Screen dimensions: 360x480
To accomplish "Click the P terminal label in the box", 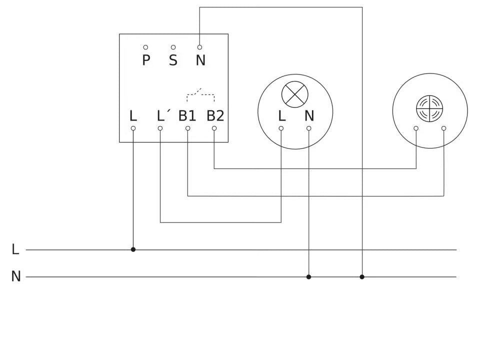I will pos(146,61).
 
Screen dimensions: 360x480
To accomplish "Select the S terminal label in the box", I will pos(173,61).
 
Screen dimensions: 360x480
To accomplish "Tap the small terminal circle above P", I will pos(145,47).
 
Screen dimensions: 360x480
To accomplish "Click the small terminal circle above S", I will pos(173,47).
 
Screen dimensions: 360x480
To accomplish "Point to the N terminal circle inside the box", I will pos(199,47).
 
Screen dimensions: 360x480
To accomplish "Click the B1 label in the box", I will pos(187,116).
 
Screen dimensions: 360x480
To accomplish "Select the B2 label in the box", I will pos(215,116).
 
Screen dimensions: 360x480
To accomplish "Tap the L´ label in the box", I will pos(162,116).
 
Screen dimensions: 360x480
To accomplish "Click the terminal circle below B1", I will pos(187,128).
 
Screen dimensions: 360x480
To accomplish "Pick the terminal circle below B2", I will pos(214,128).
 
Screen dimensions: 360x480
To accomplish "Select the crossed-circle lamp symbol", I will pos(295,94).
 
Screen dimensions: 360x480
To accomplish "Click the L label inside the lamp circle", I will pos(281,116).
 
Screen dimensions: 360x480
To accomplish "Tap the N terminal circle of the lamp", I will pos(308,128).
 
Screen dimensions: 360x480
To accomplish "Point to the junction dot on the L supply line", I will pos(133,249).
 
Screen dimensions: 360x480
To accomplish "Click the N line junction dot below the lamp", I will pos(308,276).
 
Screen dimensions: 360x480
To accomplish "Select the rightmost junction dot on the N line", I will pos(362,276).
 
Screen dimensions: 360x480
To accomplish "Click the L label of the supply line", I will pos(15,249).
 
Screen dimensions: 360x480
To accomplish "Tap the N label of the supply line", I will pos(16,276).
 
